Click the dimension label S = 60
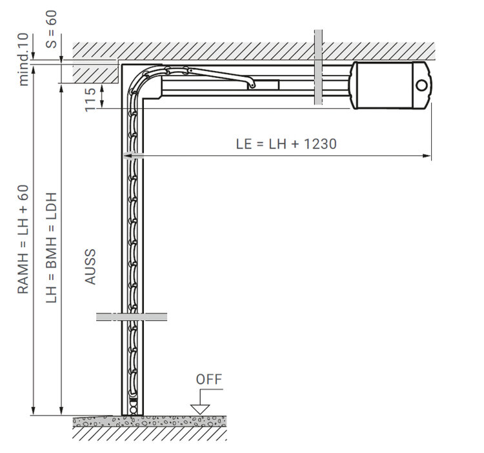[51, 29]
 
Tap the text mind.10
[23, 59]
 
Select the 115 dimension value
[90, 99]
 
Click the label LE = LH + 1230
[286, 144]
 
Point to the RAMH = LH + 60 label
[23, 239]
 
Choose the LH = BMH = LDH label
[51, 248]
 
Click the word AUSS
[90, 267]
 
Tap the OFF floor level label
[209, 379]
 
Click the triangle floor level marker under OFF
[200, 409]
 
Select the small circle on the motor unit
[421, 85]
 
